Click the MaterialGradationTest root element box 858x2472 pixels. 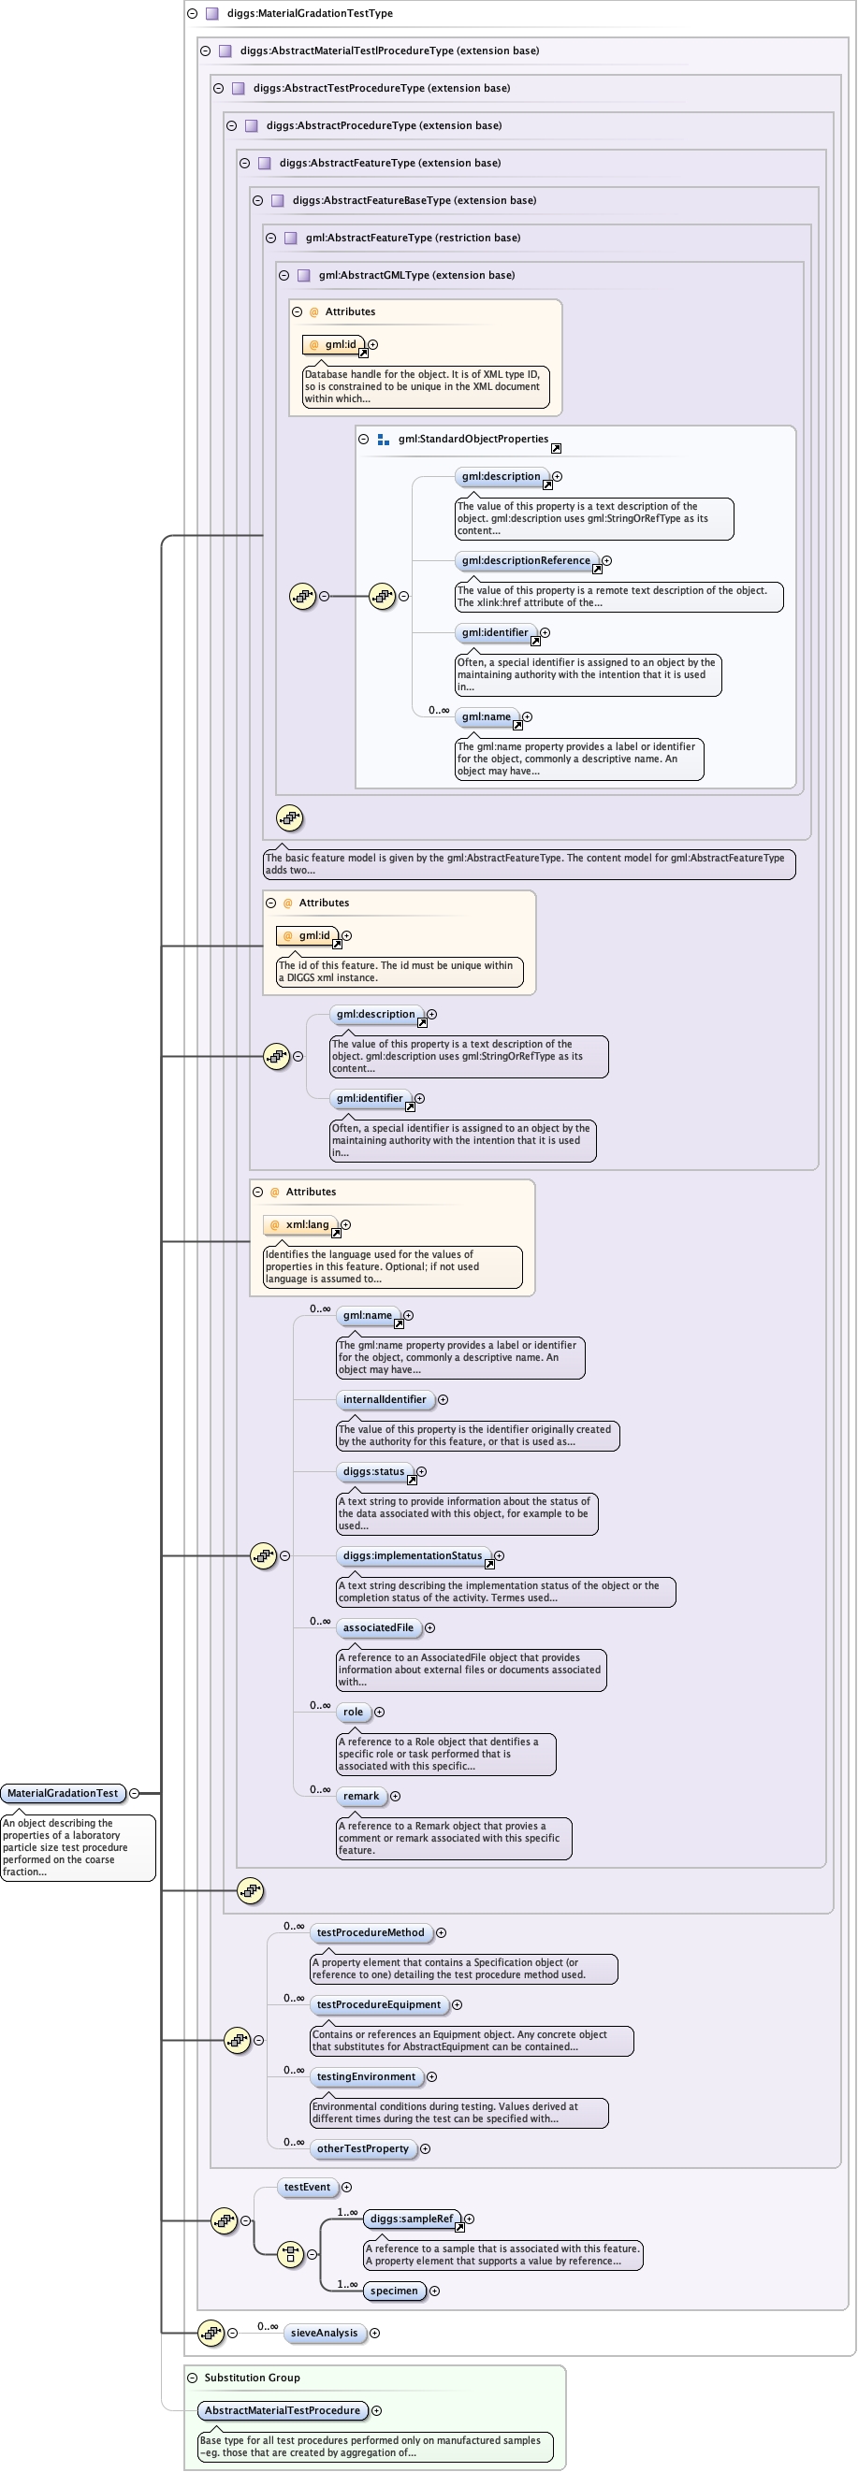coord(64,1793)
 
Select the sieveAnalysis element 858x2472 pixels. coord(325,2333)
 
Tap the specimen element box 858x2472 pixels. coord(394,2291)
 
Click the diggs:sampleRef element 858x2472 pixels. coord(412,2219)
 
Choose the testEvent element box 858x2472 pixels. coord(307,2187)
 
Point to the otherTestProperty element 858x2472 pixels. coord(363,2148)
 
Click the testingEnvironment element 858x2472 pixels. coord(366,2076)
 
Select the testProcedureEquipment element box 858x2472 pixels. coord(378,2004)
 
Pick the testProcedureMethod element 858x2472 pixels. coord(371,1932)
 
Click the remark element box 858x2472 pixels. coord(361,1796)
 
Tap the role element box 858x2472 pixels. coord(353,1712)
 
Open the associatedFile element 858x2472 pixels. coord(378,1627)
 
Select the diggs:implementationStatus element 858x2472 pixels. coord(413,1555)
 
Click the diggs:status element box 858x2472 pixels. coord(373,1471)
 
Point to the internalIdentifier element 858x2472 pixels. coord(384,1399)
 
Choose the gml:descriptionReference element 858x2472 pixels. coord(526,560)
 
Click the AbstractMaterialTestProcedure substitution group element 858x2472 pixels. coord(283,2410)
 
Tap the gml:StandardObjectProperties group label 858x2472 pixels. coord(473,439)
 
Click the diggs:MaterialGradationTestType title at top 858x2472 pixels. coord(309,13)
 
